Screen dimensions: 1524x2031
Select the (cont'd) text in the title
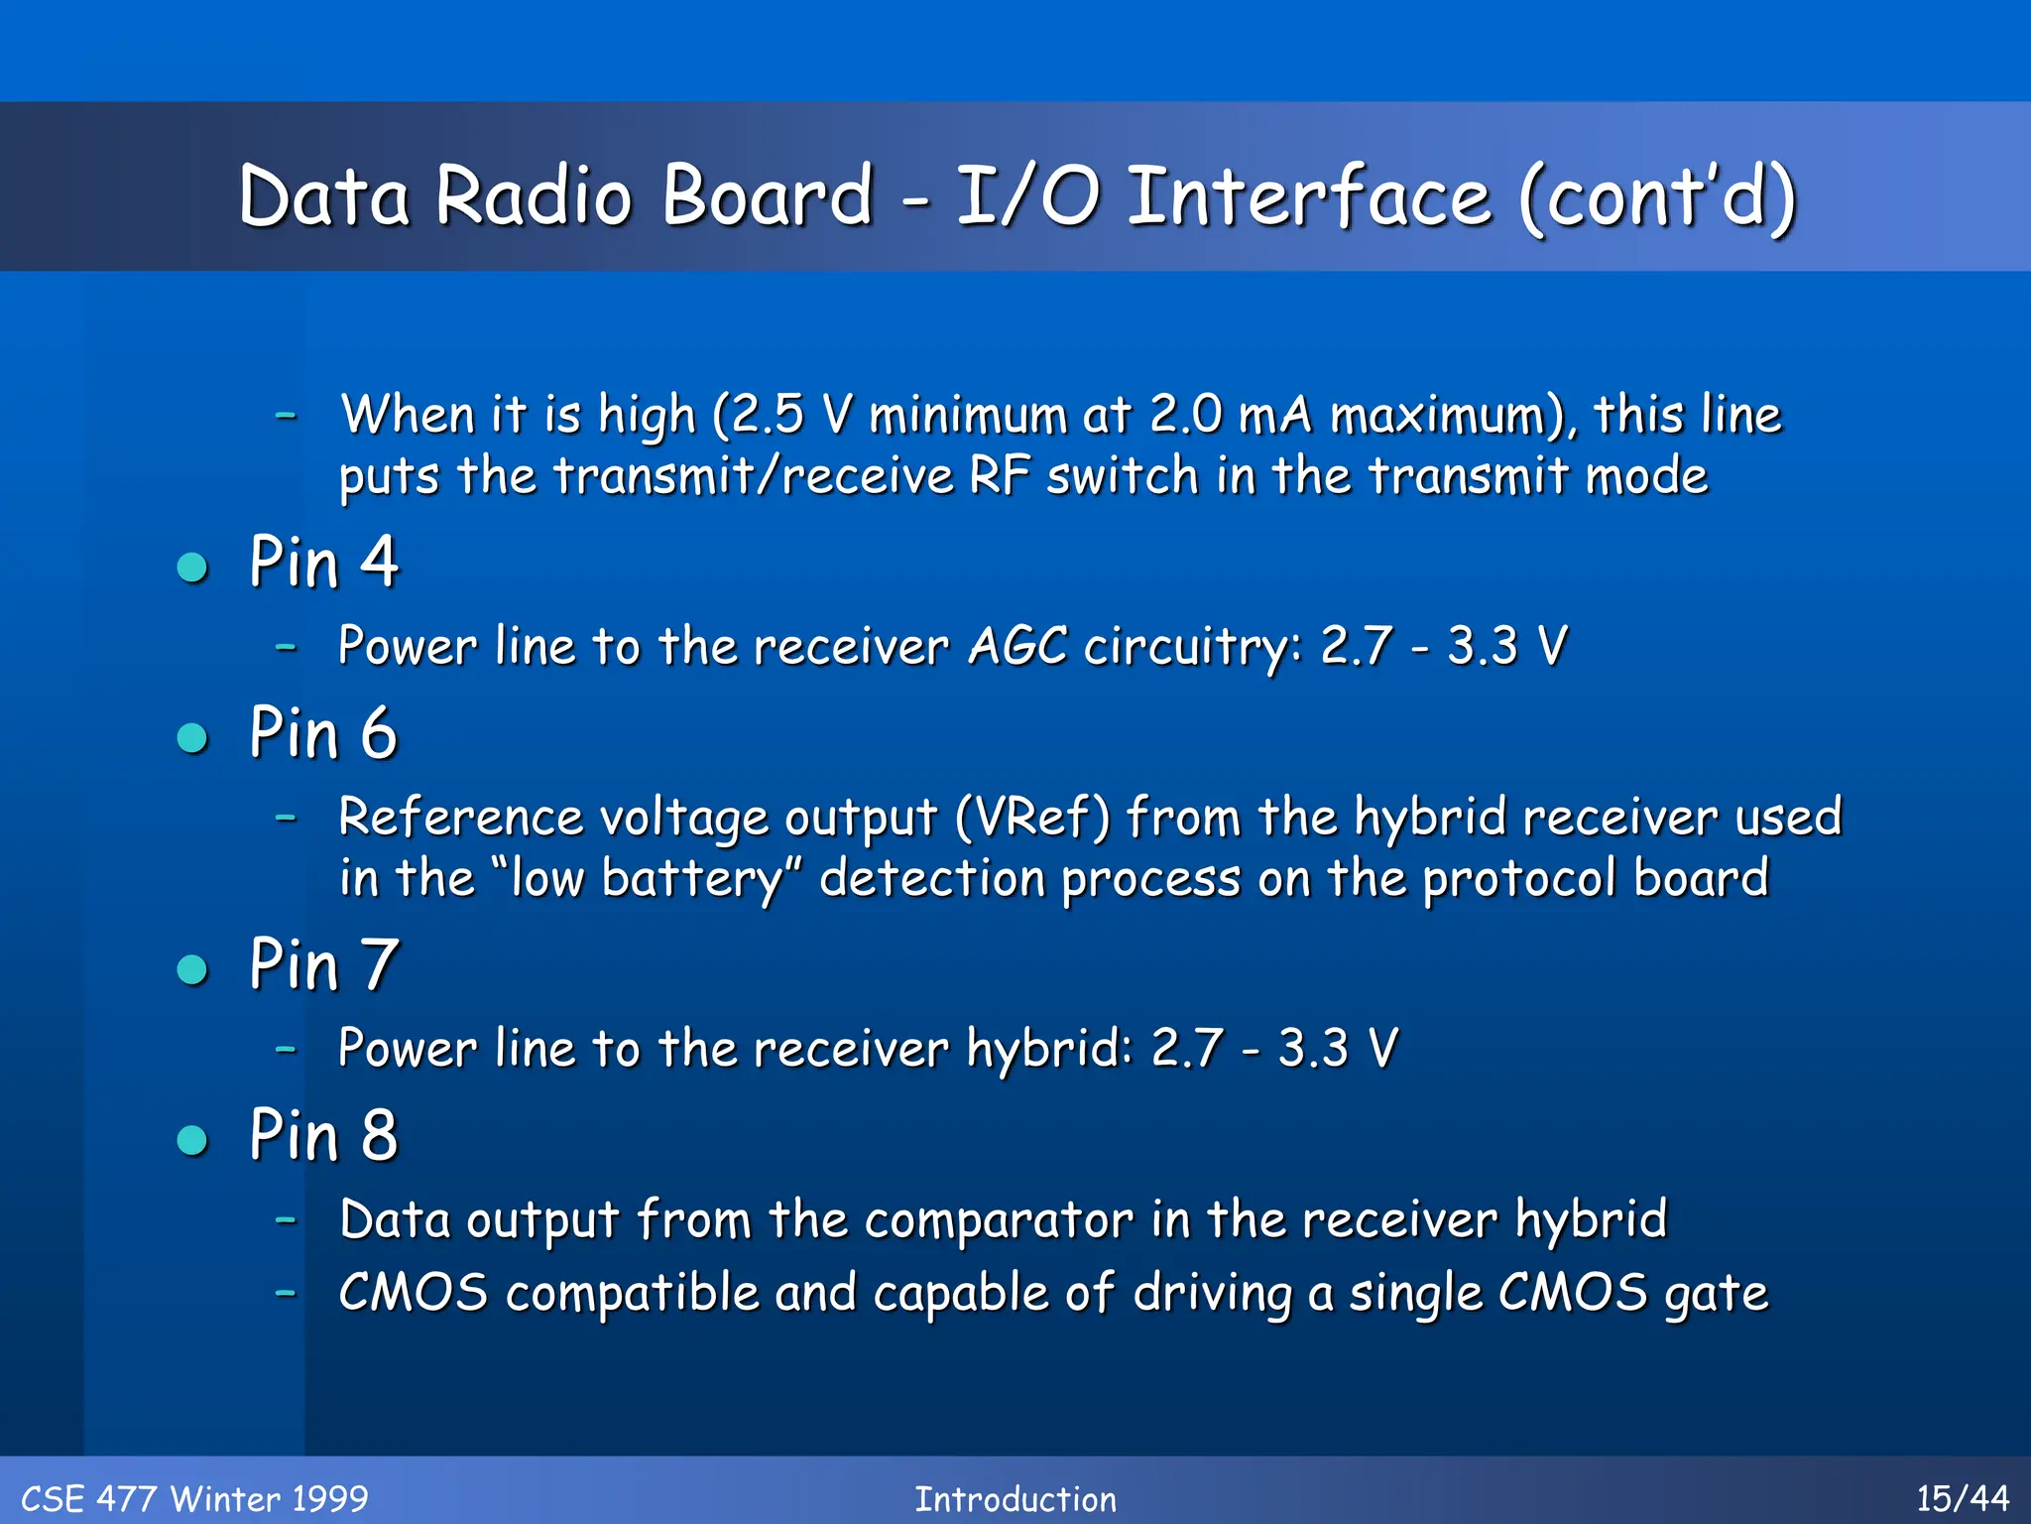click(x=1657, y=196)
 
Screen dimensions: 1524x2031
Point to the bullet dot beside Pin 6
click(x=192, y=738)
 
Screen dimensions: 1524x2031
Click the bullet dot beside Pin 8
click(x=192, y=1140)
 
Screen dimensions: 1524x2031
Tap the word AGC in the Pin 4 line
click(x=1017, y=647)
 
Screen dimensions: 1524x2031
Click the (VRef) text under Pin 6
click(x=1032, y=818)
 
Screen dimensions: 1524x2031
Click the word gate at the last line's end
click(x=1716, y=1294)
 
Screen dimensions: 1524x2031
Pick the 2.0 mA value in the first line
click(x=1231, y=415)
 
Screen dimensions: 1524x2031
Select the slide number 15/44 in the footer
click(x=1962, y=1498)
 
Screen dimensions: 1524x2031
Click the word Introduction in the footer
click(x=1015, y=1498)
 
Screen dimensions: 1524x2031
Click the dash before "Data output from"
click(x=286, y=1218)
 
